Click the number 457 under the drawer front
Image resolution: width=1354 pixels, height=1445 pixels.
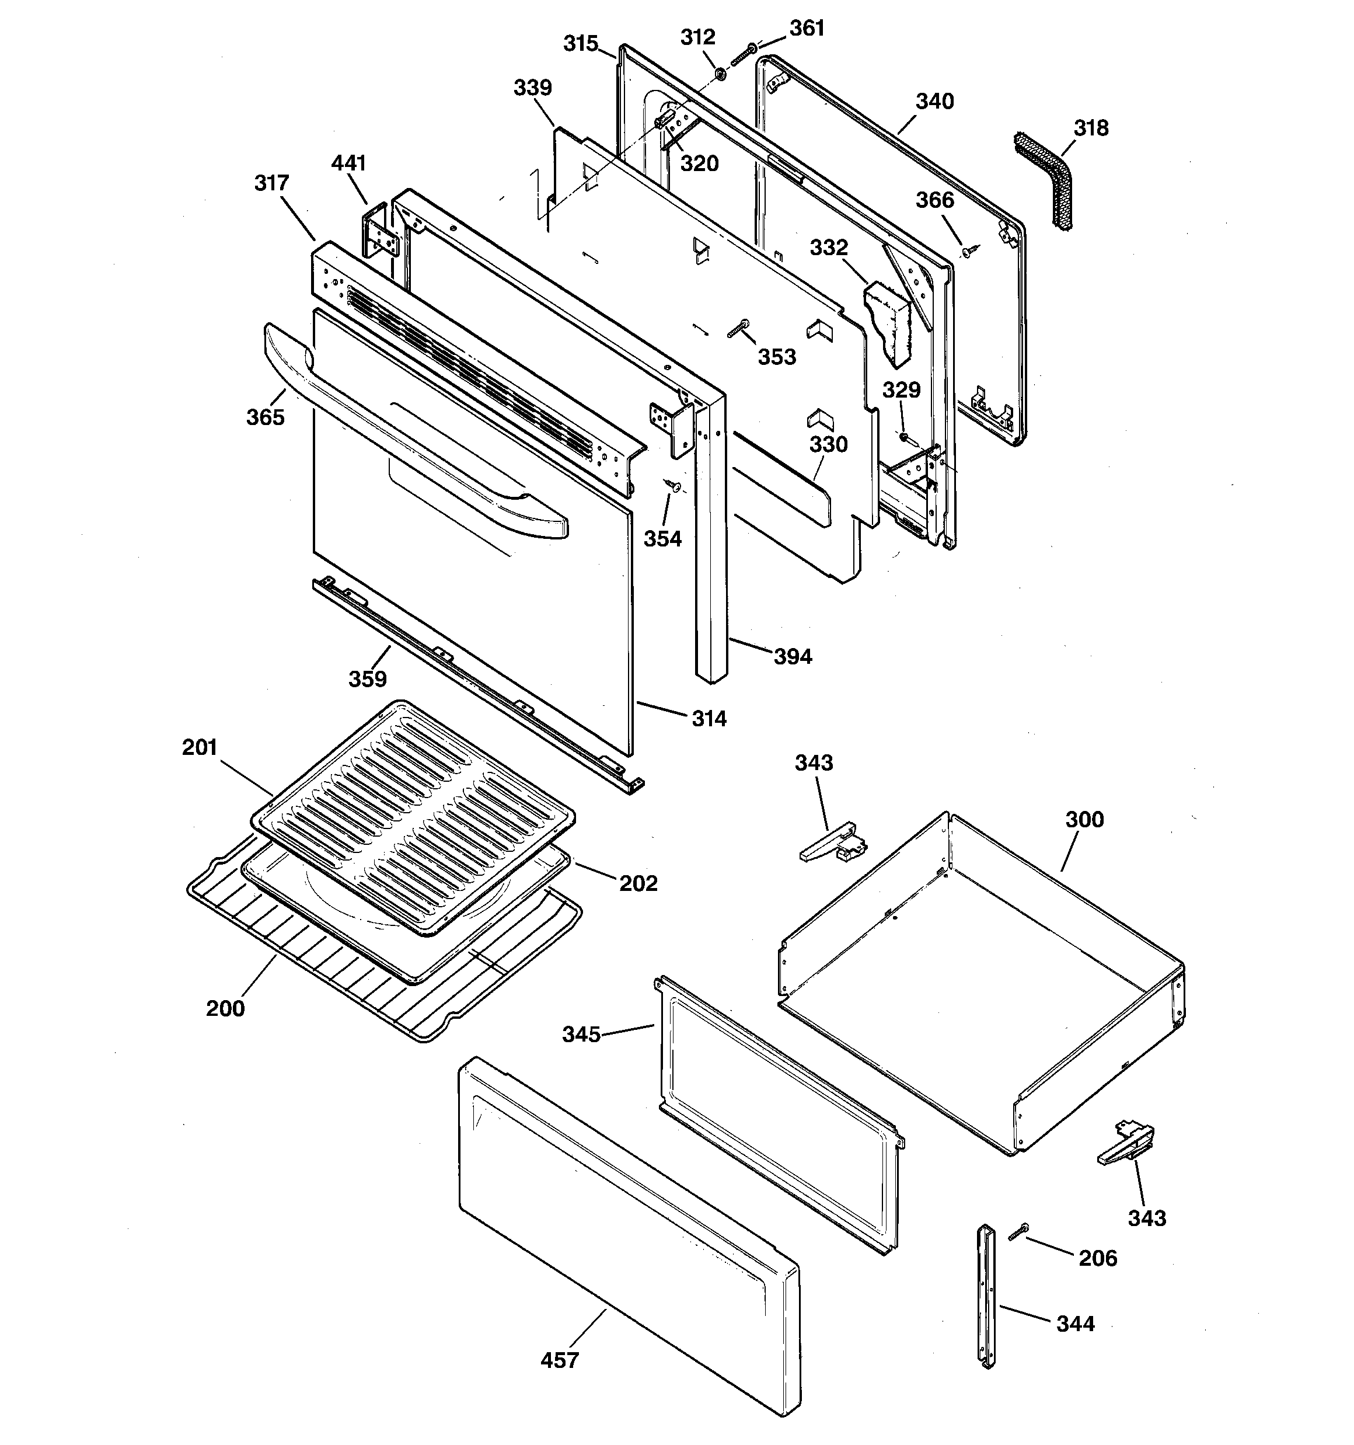pos(560,1360)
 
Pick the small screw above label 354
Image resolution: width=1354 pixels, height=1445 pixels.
pos(673,485)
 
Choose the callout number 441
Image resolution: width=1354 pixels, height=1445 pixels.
pos(348,163)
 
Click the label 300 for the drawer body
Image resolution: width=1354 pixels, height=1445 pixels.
pos(1084,819)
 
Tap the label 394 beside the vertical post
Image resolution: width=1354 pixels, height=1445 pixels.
pos(792,656)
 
